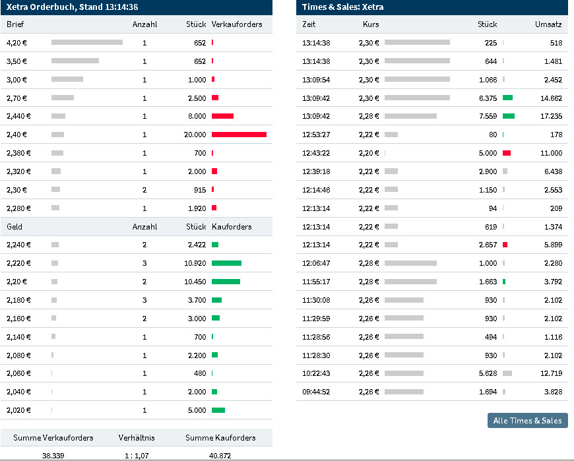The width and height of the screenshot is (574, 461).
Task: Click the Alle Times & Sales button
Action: pyautogui.click(x=527, y=420)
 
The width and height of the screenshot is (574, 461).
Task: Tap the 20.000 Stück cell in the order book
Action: pyautogui.click(x=195, y=135)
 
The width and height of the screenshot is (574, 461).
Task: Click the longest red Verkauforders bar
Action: pyautogui.click(x=239, y=135)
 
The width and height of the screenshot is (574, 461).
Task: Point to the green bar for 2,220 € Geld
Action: pyautogui.click(x=226, y=263)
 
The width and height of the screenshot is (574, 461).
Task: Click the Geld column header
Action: pyautogui.click(x=15, y=227)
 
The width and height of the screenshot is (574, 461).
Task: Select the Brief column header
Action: pyautogui.click(x=15, y=24)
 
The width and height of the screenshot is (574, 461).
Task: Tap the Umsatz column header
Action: pyautogui.click(x=548, y=24)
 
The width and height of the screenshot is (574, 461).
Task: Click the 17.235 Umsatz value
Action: pyautogui.click(x=551, y=116)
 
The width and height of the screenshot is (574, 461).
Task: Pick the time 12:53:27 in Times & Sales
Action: pyautogui.click(x=316, y=135)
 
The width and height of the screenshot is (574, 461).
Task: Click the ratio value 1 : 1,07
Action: pyautogui.click(x=137, y=455)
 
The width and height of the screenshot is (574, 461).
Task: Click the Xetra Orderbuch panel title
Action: pyautogui.click(x=72, y=7)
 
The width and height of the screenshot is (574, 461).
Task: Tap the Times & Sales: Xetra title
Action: pyautogui.click(x=342, y=7)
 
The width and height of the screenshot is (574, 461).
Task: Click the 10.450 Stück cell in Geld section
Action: pyautogui.click(x=195, y=282)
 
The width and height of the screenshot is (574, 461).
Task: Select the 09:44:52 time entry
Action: pyautogui.click(x=316, y=392)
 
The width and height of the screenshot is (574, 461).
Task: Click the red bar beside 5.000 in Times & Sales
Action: pyautogui.click(x=507, y=153)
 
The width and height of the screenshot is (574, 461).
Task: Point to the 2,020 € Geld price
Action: pyautogui.click(x=18, y=410)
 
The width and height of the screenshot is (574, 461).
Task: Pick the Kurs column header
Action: pyautogui.click(x=371, y=24)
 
